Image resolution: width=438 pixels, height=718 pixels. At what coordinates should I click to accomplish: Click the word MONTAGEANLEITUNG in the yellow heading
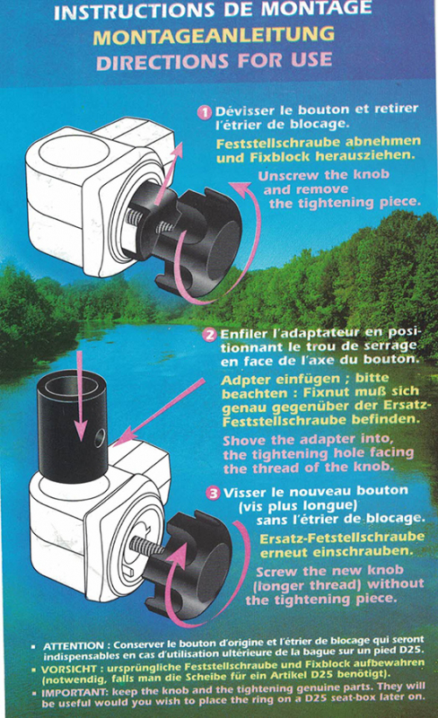(214, 36)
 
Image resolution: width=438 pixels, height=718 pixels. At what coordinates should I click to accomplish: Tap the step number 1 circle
(205, 111)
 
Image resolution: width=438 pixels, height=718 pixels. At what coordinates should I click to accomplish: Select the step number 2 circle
(210, 335)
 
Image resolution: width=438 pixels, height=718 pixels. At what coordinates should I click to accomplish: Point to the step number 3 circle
(213, 493)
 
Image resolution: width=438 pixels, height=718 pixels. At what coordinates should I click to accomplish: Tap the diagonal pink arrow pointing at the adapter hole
(159, 413)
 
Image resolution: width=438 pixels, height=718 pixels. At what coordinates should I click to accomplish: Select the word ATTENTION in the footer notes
(74, 646)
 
